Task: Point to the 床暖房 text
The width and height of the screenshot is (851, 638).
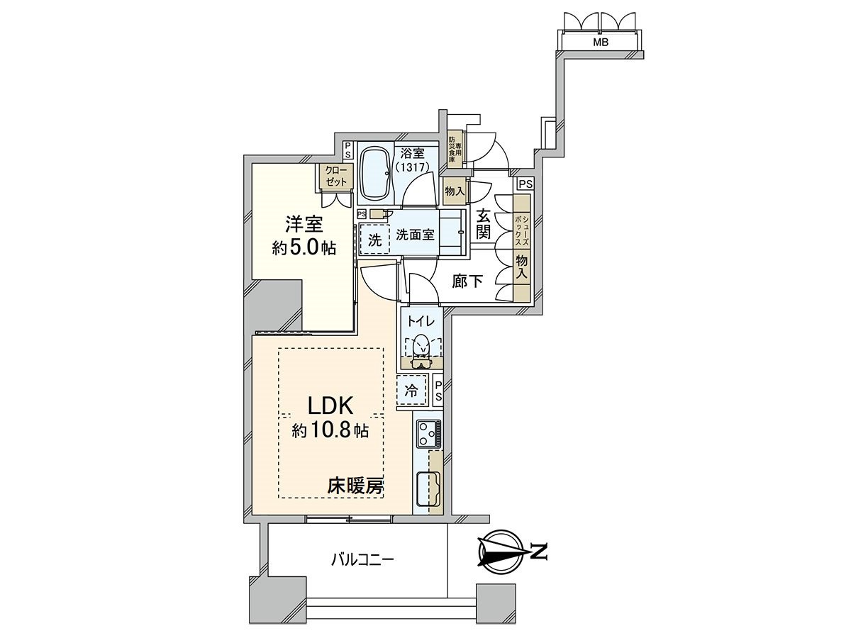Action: click(355, 486)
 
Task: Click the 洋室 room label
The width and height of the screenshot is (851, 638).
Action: click(304, 225)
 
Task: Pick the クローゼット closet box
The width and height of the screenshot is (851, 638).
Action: click(336, 176)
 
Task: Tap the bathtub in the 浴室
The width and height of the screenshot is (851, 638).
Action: click(375, 176)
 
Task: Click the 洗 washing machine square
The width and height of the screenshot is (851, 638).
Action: click(374, 240)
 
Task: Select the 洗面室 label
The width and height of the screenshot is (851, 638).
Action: click(416, 235)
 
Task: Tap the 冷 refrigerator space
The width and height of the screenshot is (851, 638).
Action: click(411, 389)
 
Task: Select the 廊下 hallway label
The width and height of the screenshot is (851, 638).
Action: click(468, 281)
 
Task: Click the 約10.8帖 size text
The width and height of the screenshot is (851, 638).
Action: click(329, 430)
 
